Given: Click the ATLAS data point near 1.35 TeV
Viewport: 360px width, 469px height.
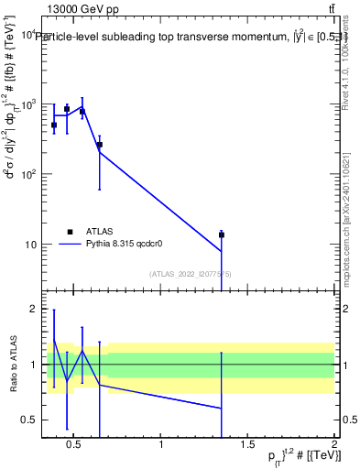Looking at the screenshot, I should click(221, 234).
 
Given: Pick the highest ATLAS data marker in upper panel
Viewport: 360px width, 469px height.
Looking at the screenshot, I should click(67, 109).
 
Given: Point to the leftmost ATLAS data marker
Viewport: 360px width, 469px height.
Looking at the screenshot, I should click(54, 125).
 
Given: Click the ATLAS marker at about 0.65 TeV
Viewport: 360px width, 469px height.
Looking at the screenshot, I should click(99, 145).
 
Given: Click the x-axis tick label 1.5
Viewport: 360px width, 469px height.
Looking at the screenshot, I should click(247, 445).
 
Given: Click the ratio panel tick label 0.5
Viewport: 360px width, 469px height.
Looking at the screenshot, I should click(28, 420).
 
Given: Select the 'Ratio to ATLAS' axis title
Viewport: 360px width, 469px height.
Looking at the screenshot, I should click(12, 365).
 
